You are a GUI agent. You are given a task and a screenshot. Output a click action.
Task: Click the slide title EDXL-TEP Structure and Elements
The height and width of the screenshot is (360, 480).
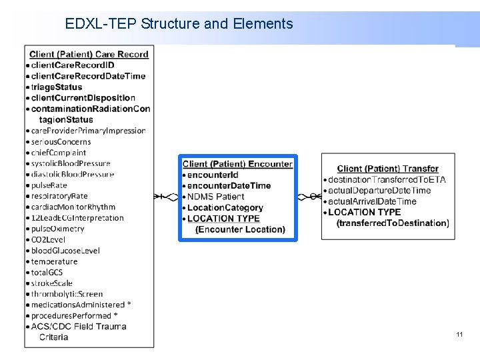pyautogui.click(x=179, y=25)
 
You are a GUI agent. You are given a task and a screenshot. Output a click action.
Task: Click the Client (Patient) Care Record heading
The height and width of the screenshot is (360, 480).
pyautogui.click(x=89, y=54)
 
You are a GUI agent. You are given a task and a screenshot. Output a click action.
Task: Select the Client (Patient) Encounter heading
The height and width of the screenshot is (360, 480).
pyautogui.click(x=237, y=164)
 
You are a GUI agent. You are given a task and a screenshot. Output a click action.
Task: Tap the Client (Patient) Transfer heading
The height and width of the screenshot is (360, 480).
pyautogui.click(x=388, y=169)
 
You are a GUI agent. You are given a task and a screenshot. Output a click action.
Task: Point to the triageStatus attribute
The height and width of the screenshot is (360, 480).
pyautogui.click(x=57, y=87)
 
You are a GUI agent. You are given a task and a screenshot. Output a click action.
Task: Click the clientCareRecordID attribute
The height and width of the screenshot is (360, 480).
pyautogui.click(x=72, y=65)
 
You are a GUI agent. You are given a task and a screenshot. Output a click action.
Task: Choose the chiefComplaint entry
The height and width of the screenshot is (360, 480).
pyautogui.click(x=59, y=153)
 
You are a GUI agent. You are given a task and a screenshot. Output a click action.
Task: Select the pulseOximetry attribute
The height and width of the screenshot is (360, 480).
pyautogui.click(x=57, y=229)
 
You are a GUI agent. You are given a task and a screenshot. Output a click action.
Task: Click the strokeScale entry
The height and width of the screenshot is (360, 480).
pyautogui.click(x=51, y=283)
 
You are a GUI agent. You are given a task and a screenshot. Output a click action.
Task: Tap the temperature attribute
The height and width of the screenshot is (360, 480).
pyautogui.click(x=54, y=261)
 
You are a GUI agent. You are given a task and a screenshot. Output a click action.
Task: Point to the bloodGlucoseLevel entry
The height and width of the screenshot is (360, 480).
pyautogui.click(x=65, y=251)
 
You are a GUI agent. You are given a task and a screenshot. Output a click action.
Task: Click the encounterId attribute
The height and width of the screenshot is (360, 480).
pyautogui.click(x=213, y=175)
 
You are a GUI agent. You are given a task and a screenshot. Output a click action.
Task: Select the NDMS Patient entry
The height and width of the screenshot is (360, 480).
pyautogui.click(x=216, y=197)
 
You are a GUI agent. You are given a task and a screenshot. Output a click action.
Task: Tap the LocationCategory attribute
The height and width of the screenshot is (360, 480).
pyautogui.click(x=225, y=208)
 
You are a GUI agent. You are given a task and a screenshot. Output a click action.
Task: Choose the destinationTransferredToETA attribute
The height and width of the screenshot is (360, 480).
pyautogui.click(x=387, y=180)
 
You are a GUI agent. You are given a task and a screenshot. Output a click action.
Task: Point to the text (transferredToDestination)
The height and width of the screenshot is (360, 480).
pyautogui.click(x=393, y=223)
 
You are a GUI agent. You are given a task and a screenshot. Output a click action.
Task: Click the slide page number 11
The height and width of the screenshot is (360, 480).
pyautogui.click(x=459, y=334)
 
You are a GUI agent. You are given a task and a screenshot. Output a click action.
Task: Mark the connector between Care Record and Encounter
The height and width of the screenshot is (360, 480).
pyautogui.click(x=167, y=197)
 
